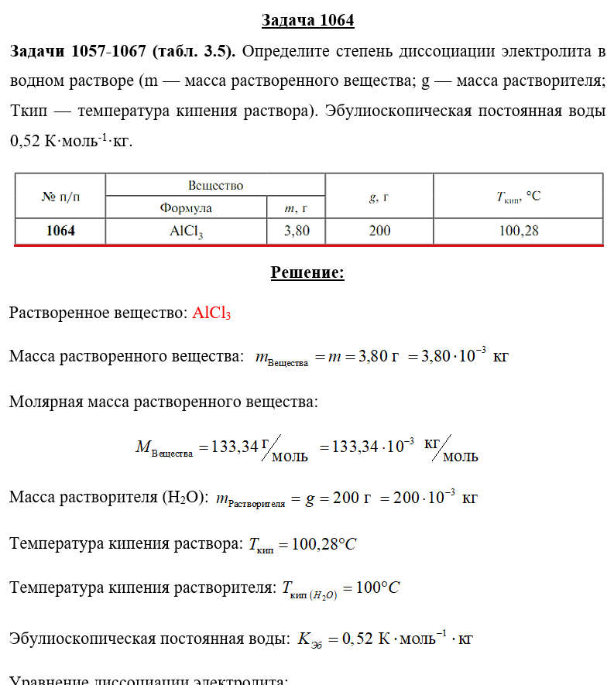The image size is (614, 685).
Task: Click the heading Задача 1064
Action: tap(307, 20)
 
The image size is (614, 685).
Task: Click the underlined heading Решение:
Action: tap(307, 272)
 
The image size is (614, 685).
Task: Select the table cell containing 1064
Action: tap(60, 231)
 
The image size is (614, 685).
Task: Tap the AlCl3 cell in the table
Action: tap(187, 231)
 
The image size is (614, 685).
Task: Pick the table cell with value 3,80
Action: tap(297, 231)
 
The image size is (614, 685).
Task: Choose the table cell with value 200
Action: tap(379, 231)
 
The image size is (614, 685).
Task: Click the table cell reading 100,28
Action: tap(519, 231)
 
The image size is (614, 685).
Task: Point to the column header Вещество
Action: tap(216, 185)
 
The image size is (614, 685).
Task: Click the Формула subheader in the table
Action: tap(186, 207)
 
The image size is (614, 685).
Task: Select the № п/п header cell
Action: tap(60, 197)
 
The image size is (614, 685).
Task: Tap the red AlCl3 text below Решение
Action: tap(211, 313)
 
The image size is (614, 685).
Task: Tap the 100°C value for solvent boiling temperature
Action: tap(377, 588)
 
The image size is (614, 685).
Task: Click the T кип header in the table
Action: tap(518, 197)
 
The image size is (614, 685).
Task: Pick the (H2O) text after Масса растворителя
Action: tap(185, 498)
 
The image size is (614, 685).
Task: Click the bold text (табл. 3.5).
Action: tap(194, 52)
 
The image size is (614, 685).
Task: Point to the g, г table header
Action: tap(379, 197)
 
